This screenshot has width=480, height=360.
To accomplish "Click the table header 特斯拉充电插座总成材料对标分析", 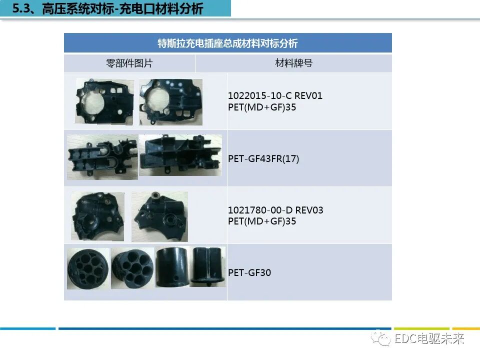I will click(227, 43).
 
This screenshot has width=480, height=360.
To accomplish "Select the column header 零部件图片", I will click(129, 63).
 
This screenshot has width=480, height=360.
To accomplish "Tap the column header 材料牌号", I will click(293, 63).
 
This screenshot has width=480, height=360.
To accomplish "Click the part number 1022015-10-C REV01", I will click(275, 95).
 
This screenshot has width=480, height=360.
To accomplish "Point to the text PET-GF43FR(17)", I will click(263, 158).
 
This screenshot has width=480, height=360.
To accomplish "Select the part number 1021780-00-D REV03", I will click(275, 210).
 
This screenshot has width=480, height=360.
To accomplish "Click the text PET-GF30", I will click(249, 272).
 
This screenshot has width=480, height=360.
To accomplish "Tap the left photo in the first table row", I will click(104, 101).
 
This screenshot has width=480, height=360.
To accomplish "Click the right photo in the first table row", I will click(170, 101).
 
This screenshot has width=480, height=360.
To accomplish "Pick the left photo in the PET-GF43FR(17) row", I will click(102, 157).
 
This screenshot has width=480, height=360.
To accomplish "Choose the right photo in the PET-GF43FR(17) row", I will click(180, 155).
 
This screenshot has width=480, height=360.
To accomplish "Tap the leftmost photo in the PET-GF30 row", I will click(88, 268).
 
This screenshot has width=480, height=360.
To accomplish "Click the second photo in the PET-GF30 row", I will click(132, 268).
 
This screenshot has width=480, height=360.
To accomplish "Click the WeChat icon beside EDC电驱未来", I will click(384, 339).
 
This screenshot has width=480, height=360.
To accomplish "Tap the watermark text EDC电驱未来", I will click(429, 339).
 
